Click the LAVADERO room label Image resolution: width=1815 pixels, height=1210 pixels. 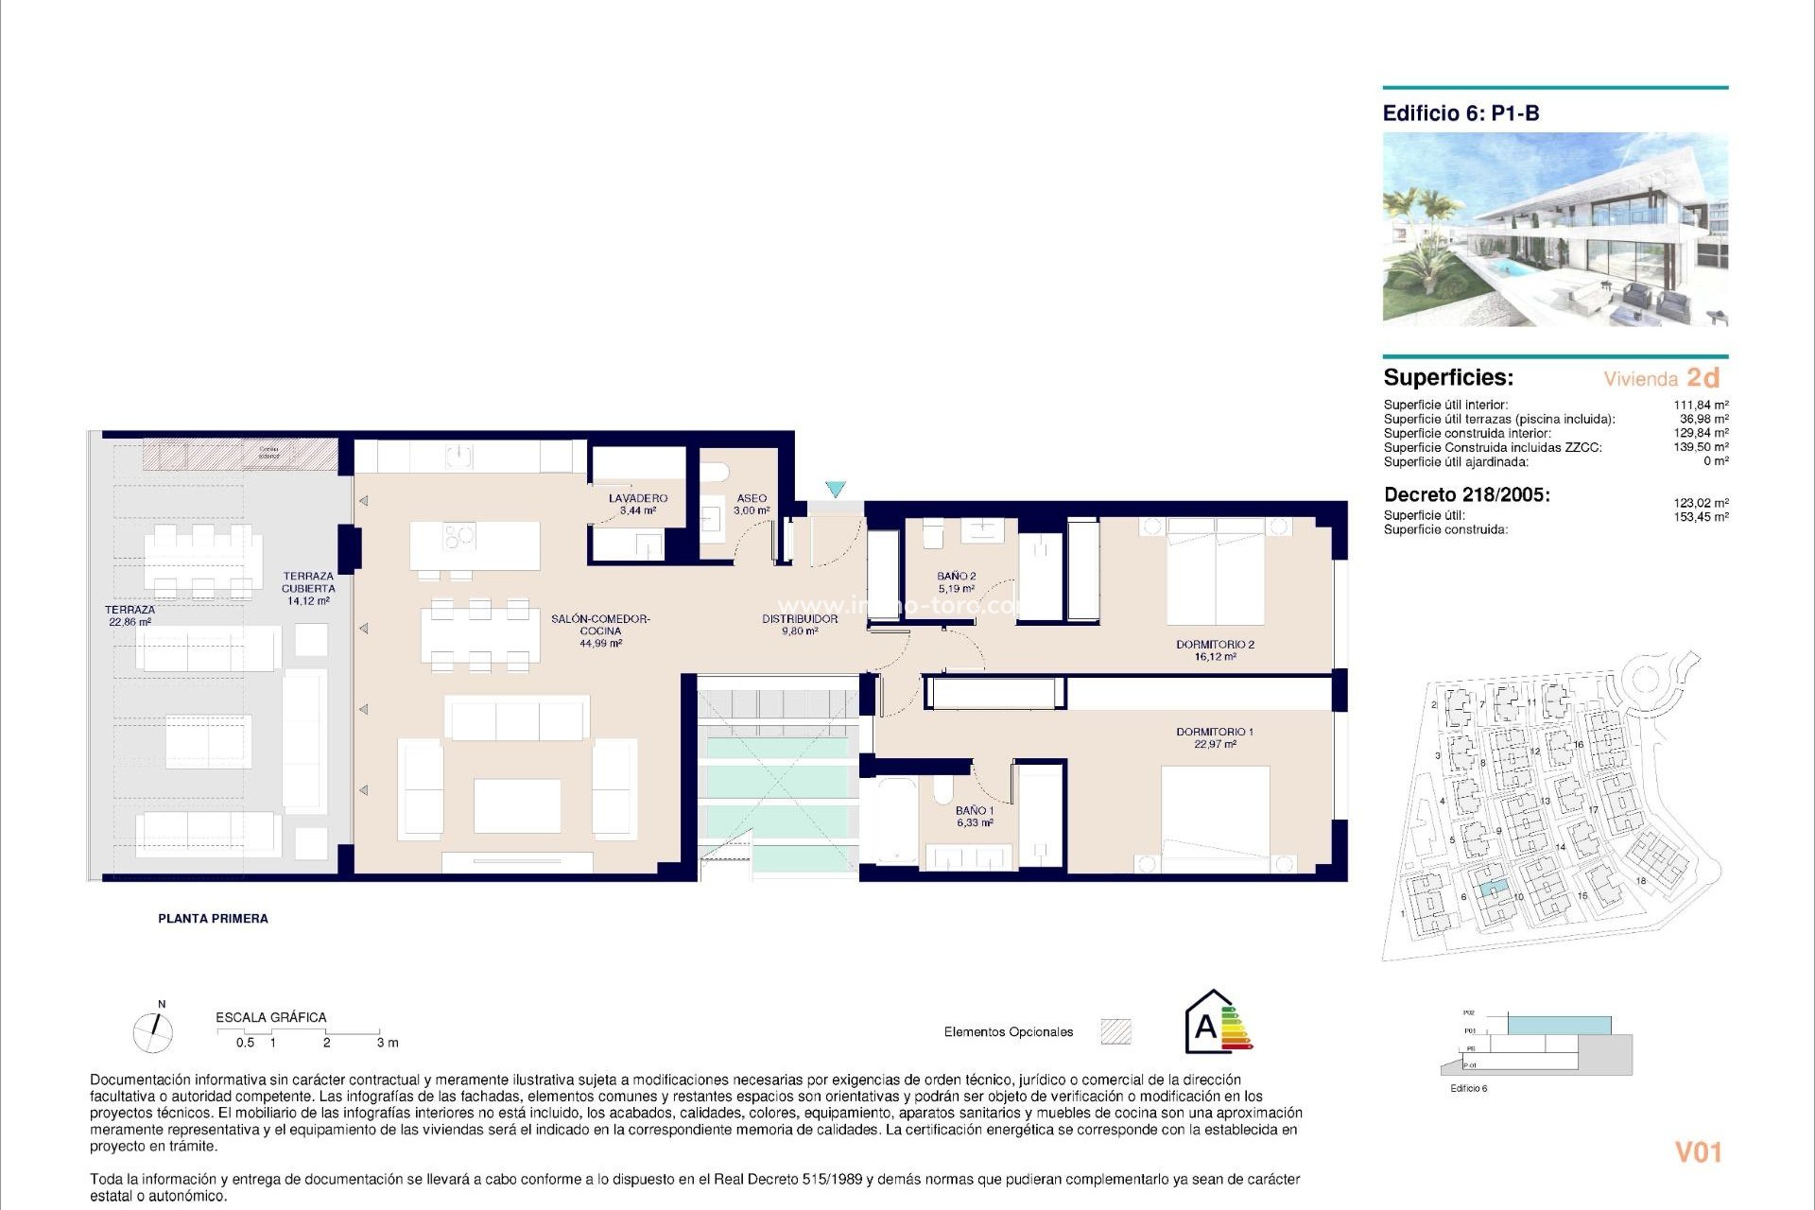[x=638, y=498]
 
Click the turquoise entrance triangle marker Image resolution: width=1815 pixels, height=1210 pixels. [x=835, y=489]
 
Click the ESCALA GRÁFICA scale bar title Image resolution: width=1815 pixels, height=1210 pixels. [x=270, y=1017]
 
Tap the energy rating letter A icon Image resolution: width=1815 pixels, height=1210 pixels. [x=1206, y=1026]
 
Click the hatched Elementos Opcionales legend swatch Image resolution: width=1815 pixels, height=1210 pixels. [x=1115, y=1031]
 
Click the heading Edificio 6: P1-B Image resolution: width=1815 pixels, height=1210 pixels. [x=1461, y=113]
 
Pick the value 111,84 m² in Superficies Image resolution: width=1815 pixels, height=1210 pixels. [x=1701, y=405]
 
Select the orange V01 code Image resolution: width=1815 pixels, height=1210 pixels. [x=1698, y=1152]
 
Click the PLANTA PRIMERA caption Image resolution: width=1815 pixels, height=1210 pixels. [x=213, y=918]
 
